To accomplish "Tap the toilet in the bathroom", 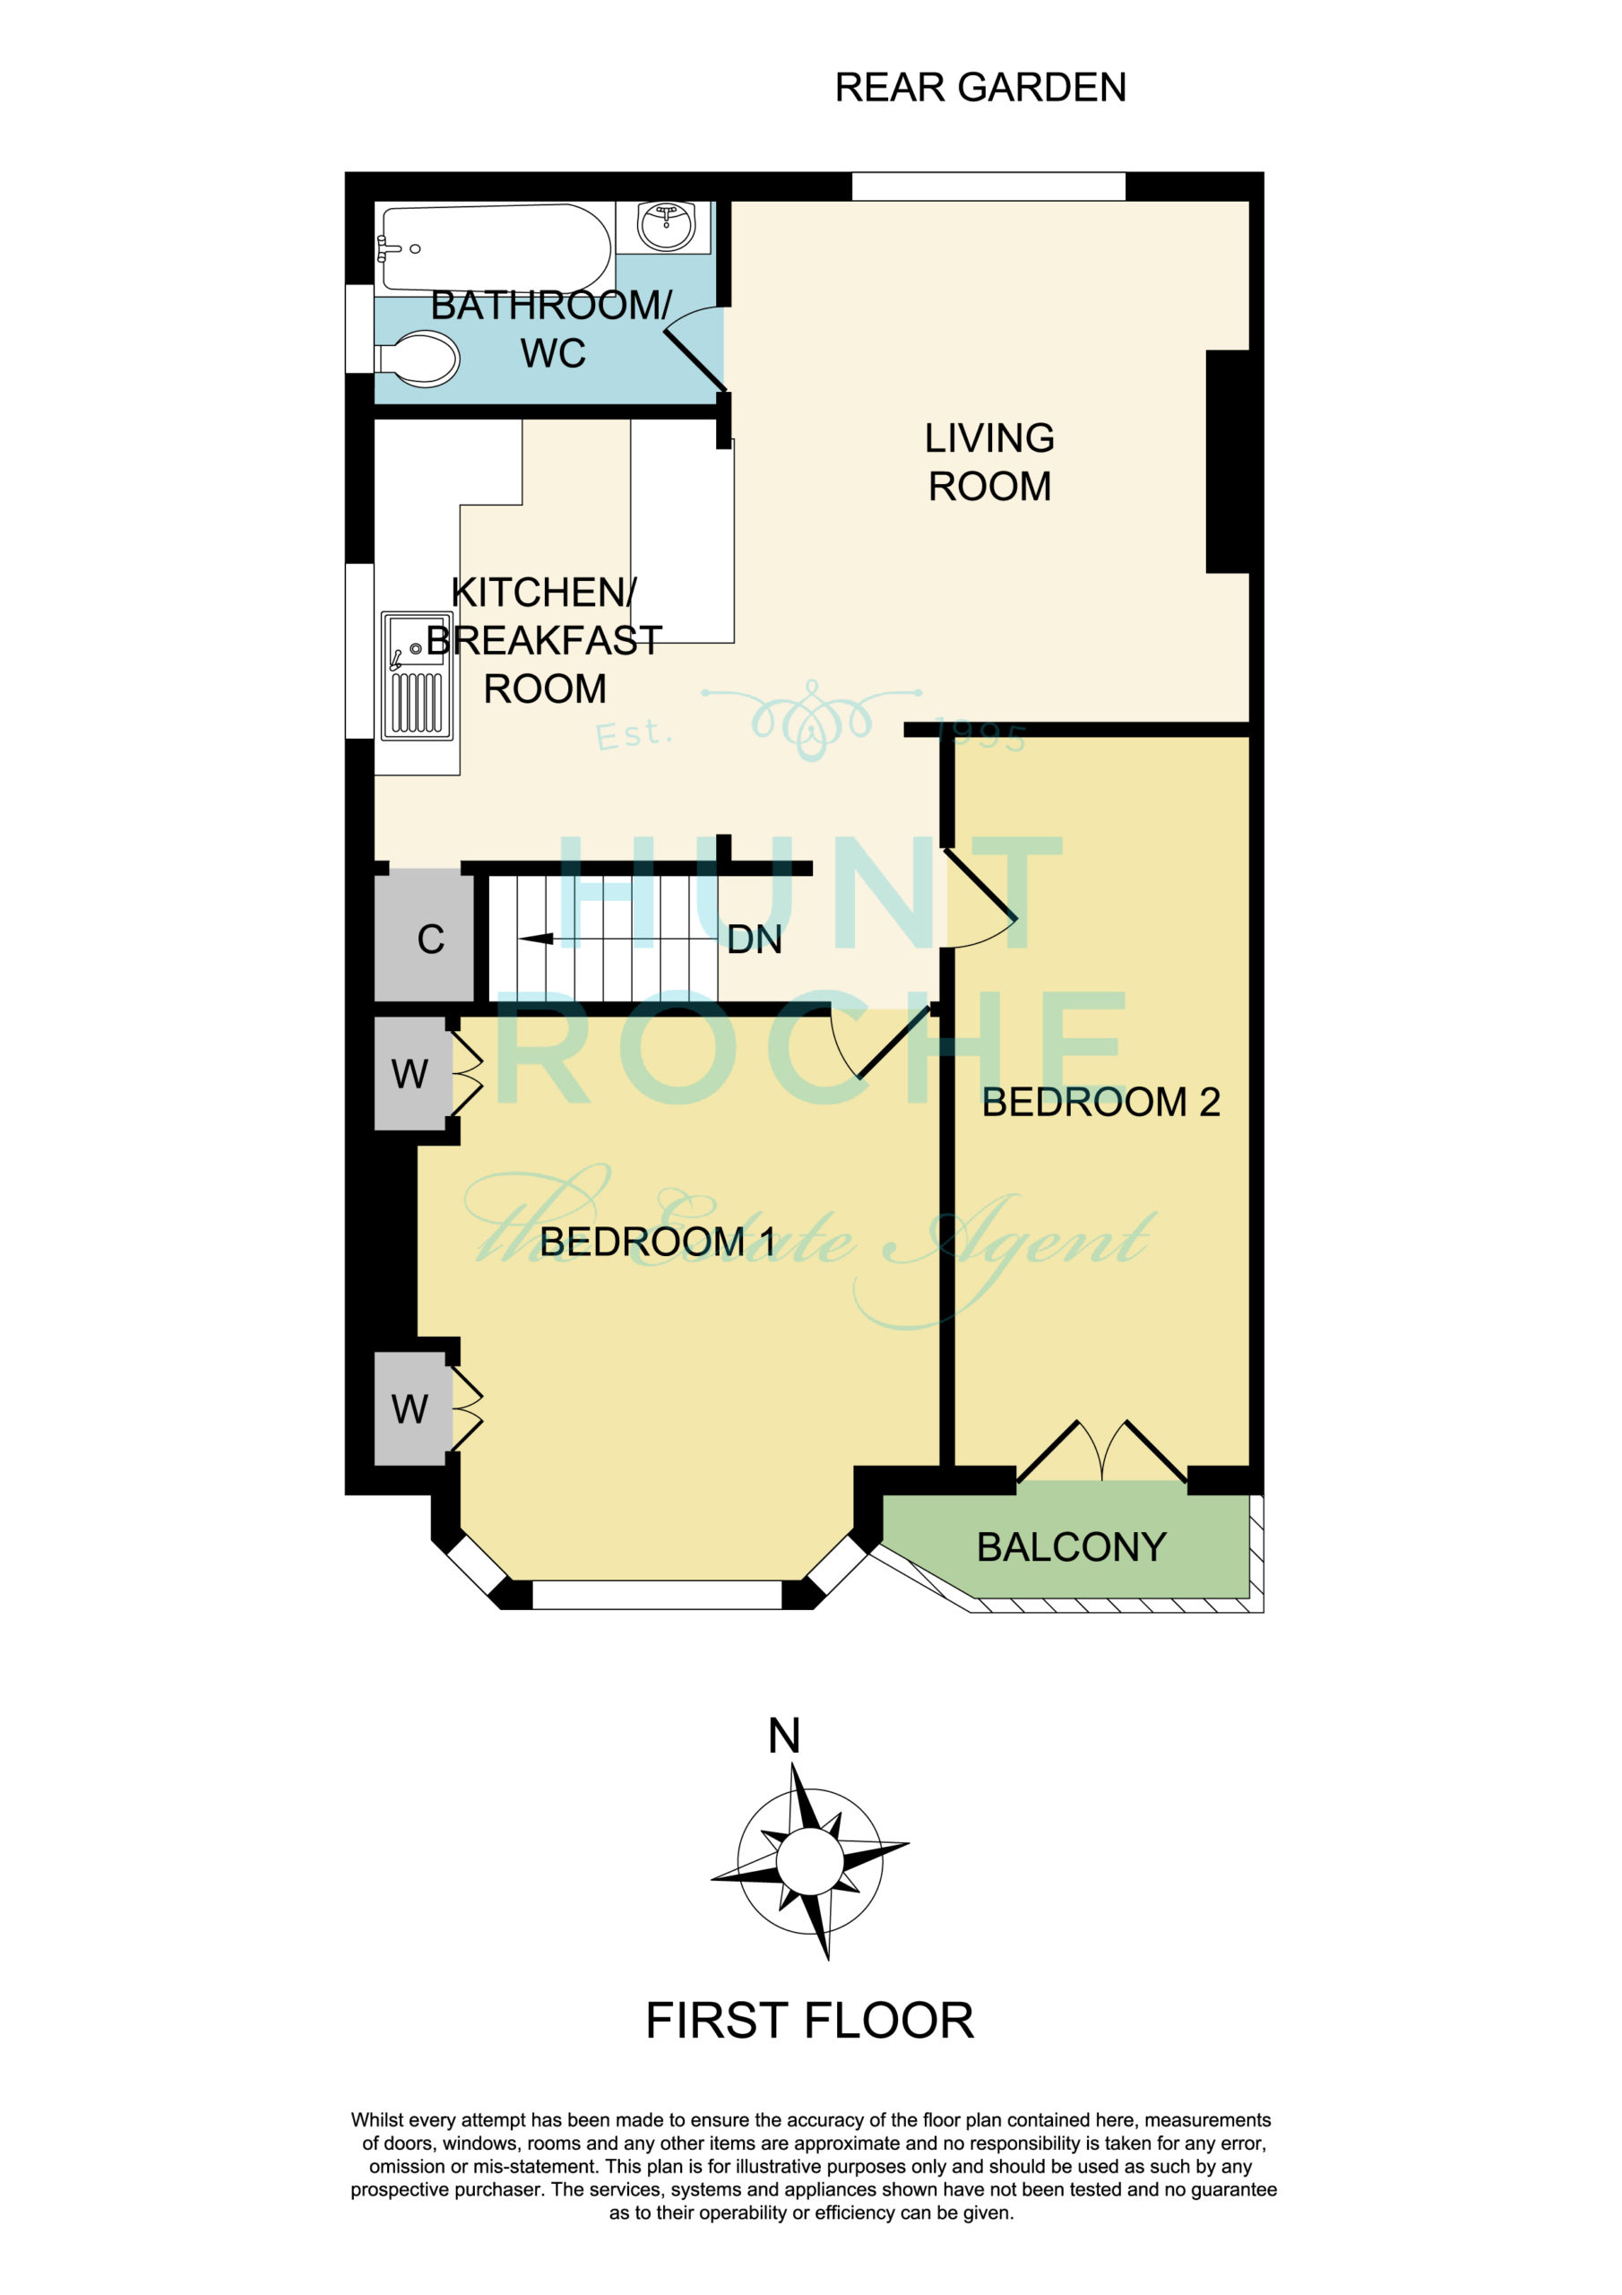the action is click(x=418, y=358).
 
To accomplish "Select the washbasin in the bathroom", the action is click(x=666, y=227).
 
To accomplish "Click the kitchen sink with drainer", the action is click(x=417, y=676).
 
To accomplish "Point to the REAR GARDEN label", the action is click(x=980, y=88).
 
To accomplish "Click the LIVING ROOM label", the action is click(x=989, y=462).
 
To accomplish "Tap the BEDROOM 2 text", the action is click(x=1100, y=1103).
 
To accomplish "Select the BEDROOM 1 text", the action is click(x=658, y=1243).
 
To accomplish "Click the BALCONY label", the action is click(x=1072, y=1547).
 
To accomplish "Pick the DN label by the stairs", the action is click(x=755, y=940).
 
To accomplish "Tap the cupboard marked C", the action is click(x=424, y=936).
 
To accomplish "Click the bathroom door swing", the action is click(x=695, y=347).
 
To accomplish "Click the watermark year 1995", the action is click(x=980, y=736).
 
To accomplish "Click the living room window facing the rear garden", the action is click(x=988, y=187).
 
